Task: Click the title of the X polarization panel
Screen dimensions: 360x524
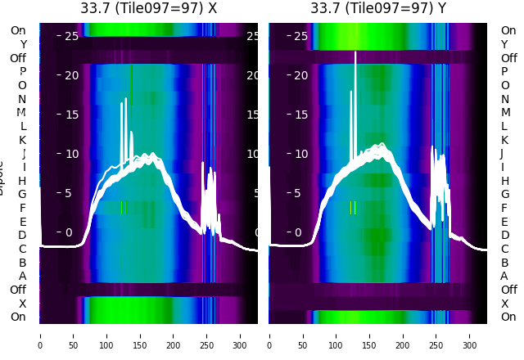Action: click(148, 8)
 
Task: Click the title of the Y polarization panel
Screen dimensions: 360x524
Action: click(378, 8)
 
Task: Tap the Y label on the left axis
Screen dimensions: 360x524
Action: click(23, 44)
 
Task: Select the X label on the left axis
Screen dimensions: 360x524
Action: click(23, 304)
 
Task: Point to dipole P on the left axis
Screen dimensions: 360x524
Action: click(23, 71)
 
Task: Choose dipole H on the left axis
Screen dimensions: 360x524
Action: click(23, 180)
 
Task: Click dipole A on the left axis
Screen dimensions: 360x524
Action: click(23, 276)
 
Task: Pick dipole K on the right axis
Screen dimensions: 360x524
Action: click(504, 140)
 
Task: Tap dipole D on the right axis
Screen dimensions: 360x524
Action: click(504, 235)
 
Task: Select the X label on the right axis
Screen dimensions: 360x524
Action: click(504, 304)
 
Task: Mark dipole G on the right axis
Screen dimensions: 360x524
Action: click(504, 194)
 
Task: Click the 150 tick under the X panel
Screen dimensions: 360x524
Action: click(140, 335)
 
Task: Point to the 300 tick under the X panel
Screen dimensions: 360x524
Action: click(241, 335)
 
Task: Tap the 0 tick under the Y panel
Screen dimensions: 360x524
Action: click(269, 335)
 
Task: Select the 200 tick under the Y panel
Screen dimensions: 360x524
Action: click(404, 335)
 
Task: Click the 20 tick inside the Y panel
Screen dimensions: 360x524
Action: click(300, 75)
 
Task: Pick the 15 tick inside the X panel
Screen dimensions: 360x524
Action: click(70, 115)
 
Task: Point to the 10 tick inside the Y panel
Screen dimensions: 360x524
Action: click(300, 154)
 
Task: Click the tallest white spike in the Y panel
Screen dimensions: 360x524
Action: click(355, 54)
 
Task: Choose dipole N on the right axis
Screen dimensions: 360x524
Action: click(504, 99)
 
